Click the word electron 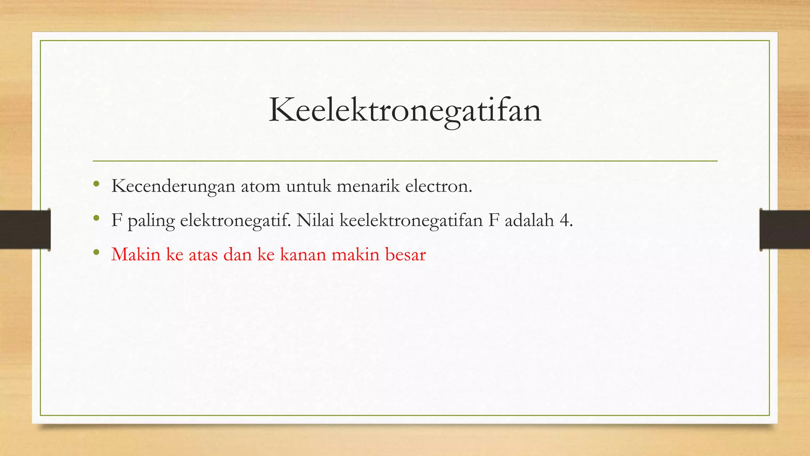(x=439, y=186)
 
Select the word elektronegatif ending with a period (x=235, y=220)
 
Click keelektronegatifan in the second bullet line (x=411, y=220)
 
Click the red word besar (x=405, y=255)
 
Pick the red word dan (x=238, y=255)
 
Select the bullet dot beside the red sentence (x=96, y=252)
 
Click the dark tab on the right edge (x=785, y=229)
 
